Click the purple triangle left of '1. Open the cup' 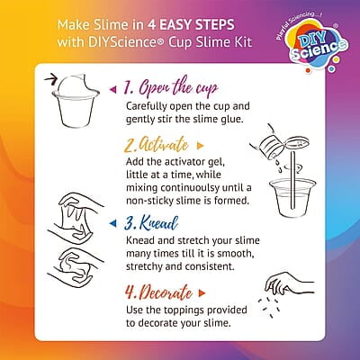click(x=113, y=88)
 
